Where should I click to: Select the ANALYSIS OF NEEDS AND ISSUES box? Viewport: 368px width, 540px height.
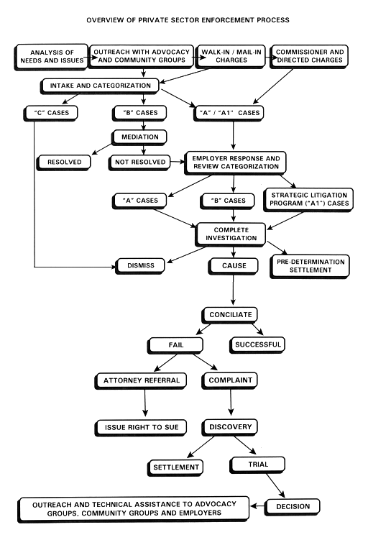51,58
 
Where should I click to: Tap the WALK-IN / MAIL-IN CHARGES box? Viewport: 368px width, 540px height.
231,56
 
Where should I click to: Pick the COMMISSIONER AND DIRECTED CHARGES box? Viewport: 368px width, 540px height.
309,56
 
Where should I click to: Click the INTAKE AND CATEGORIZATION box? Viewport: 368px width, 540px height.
100,86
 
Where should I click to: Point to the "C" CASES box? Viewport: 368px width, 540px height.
51,114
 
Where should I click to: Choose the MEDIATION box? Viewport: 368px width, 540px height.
139,137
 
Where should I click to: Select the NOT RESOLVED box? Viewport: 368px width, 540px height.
139,163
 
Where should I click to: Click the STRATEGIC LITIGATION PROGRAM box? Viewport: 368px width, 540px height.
309,200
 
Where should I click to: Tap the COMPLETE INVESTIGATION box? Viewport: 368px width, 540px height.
231,234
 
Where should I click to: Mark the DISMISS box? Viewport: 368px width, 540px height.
140,266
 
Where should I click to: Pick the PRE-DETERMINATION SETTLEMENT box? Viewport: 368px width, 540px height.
310,267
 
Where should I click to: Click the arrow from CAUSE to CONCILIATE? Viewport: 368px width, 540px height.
233,289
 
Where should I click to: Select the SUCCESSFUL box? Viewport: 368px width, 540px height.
257,345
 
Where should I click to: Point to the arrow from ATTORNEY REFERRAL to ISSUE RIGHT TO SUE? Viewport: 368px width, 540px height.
145,403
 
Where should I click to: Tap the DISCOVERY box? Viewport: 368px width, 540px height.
229,428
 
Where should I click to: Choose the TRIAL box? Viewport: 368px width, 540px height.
257,465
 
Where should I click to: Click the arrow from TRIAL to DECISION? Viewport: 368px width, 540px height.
276,485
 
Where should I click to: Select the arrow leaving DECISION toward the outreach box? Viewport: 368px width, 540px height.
258,506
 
